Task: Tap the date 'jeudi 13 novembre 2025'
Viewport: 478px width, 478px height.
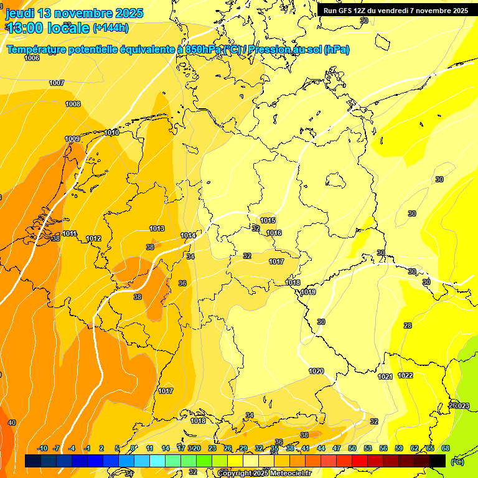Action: (75, 13)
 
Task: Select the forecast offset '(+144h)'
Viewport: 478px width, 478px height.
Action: (111, 28)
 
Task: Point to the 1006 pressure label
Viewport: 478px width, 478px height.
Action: (32, 58)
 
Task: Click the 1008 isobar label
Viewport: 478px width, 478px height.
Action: (73, 104)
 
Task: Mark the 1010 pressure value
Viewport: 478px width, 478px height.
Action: (112, 133)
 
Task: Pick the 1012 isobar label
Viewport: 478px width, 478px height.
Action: (93, 238)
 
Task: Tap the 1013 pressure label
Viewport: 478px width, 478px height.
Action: (157, 228)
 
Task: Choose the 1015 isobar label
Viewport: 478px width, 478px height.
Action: (268, 220)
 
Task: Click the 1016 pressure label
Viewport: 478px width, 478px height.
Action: (274, 233)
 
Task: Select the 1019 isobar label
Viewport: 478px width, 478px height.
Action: (308, 292)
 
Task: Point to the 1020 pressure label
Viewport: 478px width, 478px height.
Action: (316, 371)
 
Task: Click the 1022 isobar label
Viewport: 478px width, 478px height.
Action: (405, 375)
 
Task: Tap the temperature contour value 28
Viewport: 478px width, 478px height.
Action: (408, 326)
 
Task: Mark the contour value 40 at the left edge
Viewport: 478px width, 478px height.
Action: (11, 423)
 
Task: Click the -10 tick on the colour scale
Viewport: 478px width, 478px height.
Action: (43, 448)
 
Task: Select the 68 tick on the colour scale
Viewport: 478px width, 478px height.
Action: (446, 448)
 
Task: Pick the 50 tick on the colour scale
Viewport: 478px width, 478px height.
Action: (352, 448)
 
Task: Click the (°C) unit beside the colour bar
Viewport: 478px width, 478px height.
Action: (457, 461)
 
